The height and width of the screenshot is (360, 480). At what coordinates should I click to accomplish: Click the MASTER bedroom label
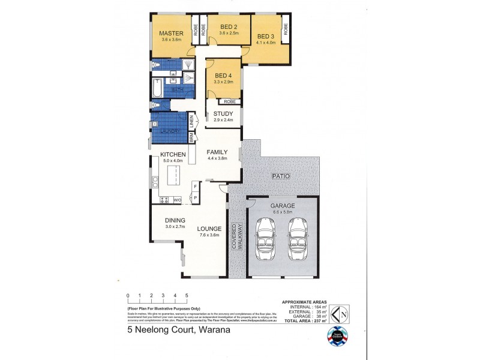click(x=171, y=33)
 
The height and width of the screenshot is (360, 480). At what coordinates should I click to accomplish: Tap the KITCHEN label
click(x=173, y=154)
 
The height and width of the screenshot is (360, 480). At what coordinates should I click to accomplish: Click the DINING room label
click(x=175, y=220)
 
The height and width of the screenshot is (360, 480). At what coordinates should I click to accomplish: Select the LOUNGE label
click(x=209, y=229)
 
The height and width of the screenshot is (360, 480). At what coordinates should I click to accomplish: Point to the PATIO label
click(x=281, y=176)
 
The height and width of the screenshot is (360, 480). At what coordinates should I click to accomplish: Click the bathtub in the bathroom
click(x=157, y=89)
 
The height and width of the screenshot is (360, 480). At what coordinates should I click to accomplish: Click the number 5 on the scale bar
click(x=187, y=296)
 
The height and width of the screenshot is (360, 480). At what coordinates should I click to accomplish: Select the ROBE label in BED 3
click(x=285, y=29)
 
